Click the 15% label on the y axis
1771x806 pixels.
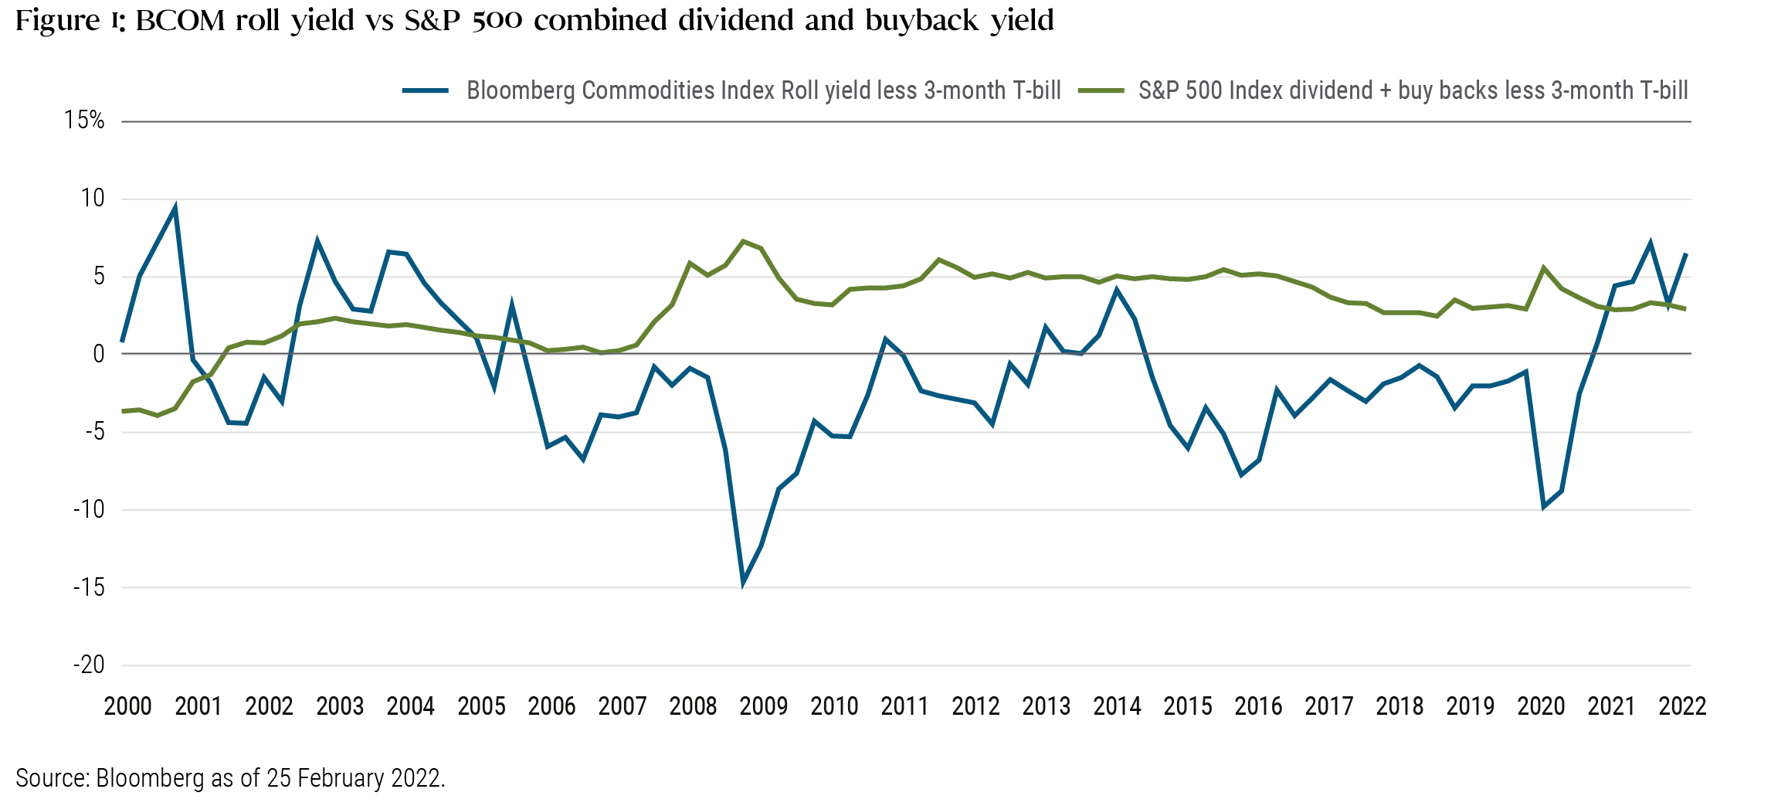[84, 120]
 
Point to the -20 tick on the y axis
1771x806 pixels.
[89, 665]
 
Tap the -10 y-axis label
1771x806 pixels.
[89, 509]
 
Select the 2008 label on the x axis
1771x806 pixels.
[693, 706]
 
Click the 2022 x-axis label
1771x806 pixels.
[1682, 706]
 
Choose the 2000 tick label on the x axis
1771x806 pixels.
[128, 706]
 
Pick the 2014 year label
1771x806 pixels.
[1117, 706]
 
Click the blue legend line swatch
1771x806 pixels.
[425, 90]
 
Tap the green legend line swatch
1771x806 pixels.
[1101, 90]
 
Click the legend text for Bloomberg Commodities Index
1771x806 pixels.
[763, 90]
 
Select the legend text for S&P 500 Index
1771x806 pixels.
[1413, 90]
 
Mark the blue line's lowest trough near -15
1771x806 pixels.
[743, 582]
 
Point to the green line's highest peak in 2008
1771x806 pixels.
[743, 241]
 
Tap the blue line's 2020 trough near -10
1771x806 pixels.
[1543, 507]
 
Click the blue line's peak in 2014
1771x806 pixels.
[1117, 290]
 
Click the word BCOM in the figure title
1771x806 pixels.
[179, 21]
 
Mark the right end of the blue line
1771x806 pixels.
[1685, 253]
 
